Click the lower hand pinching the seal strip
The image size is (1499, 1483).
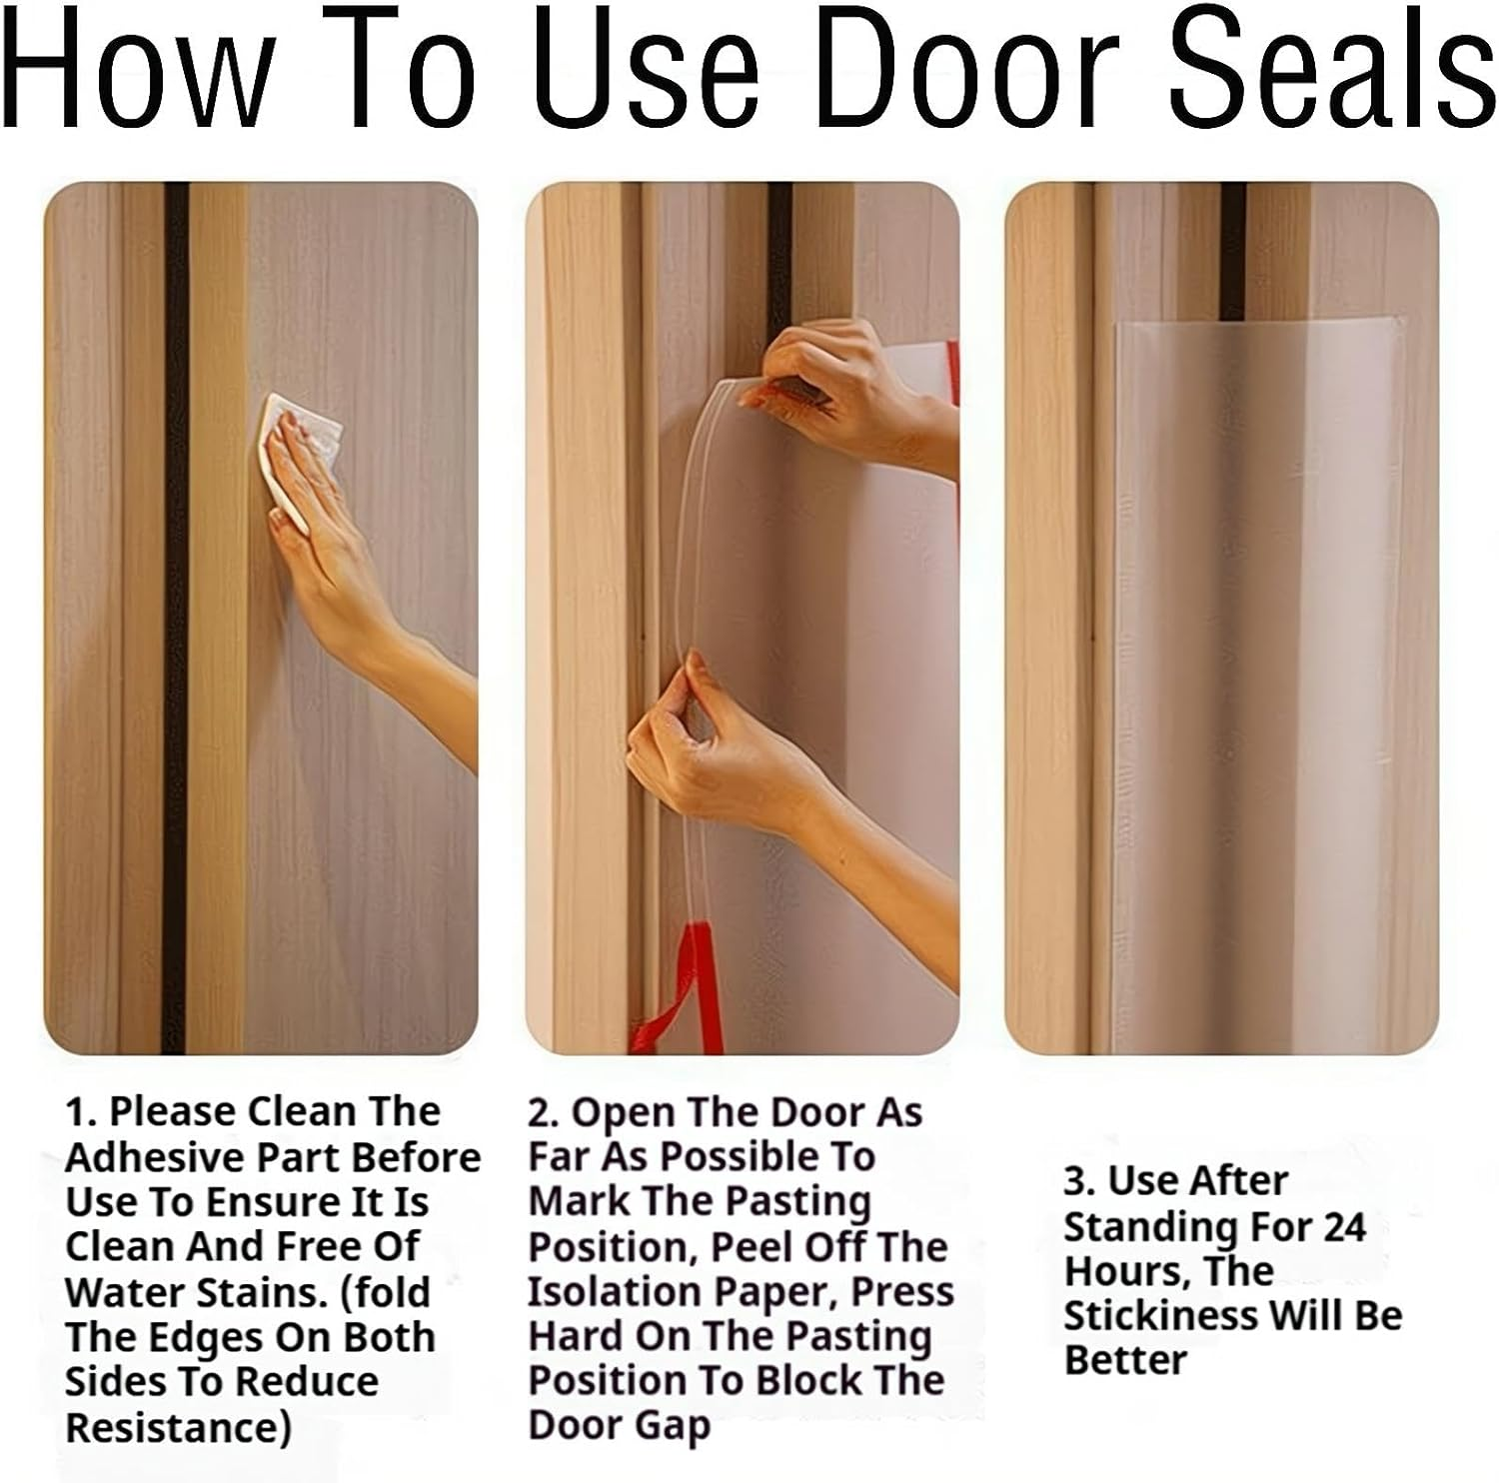(x=700, y=740)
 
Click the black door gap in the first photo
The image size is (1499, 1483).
(x=176, y=620)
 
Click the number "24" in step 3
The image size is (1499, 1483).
(x=1344, y=1226)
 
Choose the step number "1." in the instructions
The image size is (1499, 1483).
(x=81, y=1112)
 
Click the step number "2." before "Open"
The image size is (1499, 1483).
(x=546, y=1112)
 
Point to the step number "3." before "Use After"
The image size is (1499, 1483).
(x=1080, y=1181)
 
